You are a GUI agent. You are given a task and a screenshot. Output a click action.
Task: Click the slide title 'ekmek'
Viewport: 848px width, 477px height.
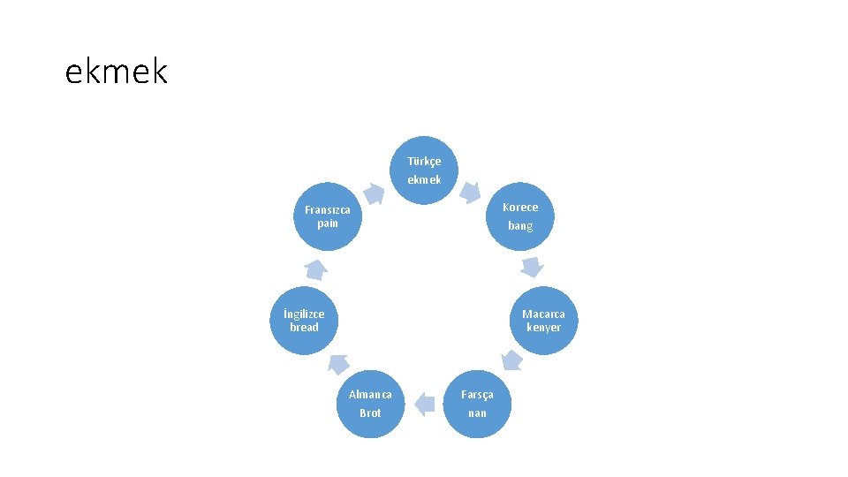(116, 72)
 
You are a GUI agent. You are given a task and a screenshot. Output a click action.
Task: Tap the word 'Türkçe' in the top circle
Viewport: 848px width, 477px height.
(424, 162)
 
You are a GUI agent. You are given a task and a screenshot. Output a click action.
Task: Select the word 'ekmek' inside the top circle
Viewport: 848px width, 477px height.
(424, 179)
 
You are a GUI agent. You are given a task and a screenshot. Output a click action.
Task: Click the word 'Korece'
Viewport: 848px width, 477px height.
(520, 208)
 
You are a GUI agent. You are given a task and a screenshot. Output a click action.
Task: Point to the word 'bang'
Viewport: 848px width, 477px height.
(520, 226)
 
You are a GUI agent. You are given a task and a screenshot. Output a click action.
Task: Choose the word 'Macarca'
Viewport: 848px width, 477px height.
(543, 314)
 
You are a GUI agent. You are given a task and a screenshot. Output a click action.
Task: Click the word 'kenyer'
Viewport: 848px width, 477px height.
(543, 327)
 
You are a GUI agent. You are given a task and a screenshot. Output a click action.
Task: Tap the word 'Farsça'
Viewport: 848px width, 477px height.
(477, 394)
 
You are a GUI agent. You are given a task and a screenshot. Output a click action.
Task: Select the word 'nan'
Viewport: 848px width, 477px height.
(477, 413)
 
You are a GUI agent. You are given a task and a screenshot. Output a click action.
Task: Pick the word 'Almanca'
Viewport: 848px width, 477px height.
(370, 394)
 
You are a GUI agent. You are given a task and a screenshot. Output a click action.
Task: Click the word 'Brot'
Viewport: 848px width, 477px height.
(370, 413)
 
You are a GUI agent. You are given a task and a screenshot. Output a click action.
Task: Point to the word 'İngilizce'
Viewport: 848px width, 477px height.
(304, 314)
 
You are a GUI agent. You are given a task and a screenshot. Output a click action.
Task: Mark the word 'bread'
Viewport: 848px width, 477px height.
(304, 327)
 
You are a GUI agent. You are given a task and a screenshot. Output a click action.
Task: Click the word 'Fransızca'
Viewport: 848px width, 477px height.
(327, 210)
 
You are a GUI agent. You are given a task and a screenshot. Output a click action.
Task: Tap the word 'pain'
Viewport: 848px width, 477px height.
(327, 223)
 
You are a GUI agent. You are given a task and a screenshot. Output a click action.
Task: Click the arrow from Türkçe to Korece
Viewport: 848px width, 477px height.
(472, 190)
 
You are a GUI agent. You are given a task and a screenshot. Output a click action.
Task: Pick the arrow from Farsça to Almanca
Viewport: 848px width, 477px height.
(425, 404)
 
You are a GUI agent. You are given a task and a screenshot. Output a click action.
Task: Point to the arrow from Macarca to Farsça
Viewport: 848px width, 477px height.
(511, 359)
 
